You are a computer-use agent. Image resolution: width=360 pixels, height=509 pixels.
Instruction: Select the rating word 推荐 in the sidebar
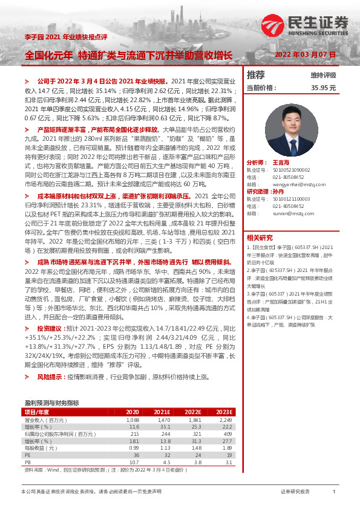tap(256, 75)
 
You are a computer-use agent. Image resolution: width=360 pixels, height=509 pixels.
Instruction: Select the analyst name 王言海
tap(280, 163)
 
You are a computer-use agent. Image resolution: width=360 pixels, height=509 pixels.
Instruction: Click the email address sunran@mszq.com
tap(288, 213)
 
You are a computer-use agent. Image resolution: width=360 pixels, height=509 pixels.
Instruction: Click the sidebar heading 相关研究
tap(260, 237)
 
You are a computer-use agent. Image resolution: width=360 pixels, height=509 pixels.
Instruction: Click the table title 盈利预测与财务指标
tap(51, 402)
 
